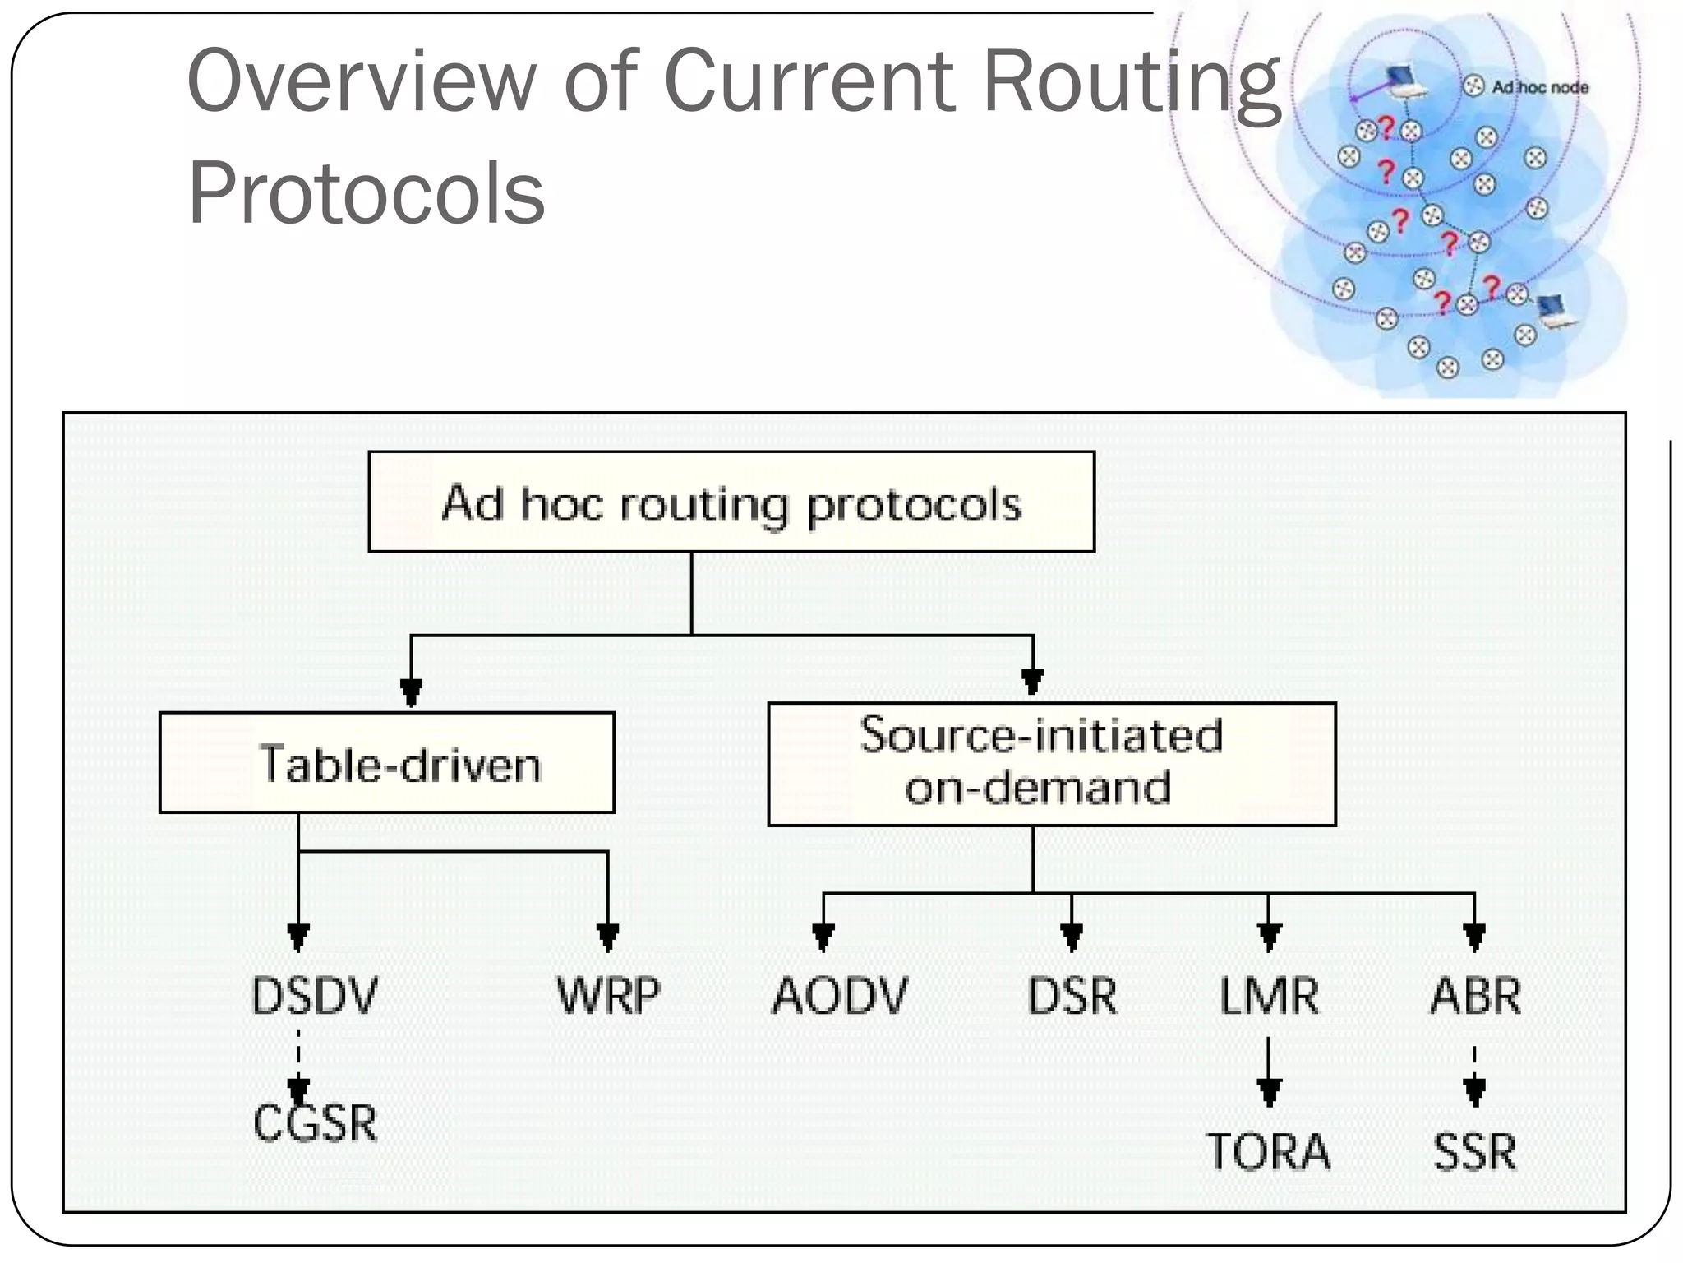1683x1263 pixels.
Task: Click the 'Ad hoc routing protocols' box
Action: click(731, 502)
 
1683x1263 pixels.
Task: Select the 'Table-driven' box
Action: click(386, 763)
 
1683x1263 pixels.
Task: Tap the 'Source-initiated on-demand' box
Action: click(1051, 764)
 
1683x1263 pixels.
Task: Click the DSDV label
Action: click(314, 996)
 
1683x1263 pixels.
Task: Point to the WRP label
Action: click(608, 996)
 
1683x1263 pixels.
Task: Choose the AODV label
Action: click(839, 996)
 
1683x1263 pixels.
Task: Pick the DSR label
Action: click(1072, 996)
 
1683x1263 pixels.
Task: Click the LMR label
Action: click(1269, 996)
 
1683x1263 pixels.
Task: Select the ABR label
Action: click(1475, 996)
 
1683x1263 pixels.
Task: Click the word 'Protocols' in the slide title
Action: click(367, 193)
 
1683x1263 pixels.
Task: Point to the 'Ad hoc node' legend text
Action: click(1539, 87)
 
